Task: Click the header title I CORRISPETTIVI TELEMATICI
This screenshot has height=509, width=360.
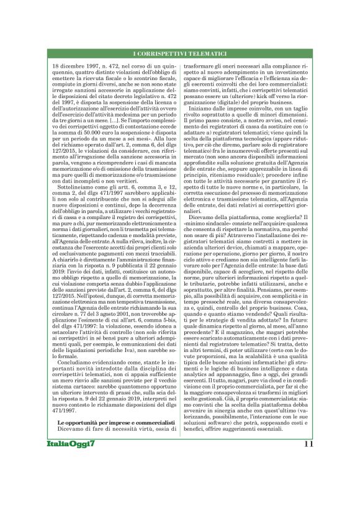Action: (179, 55)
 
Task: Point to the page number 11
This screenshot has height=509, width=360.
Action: (308, 496)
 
